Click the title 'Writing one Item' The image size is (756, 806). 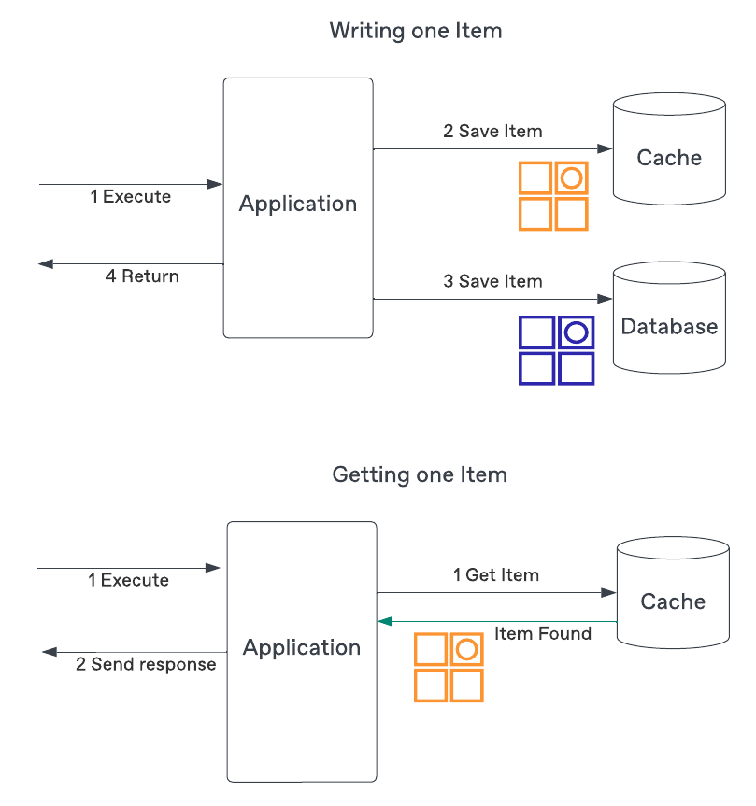tap(416, 31)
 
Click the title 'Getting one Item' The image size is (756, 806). tap(420, 474)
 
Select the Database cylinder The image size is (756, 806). tap(669, 318)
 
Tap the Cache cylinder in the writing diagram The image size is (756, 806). tap(669, 149)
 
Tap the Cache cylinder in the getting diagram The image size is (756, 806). tap(673, 593)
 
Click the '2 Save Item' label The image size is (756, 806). tap(492, 131)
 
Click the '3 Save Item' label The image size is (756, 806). tap(492, 281)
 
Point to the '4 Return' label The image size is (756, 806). tap(142, 276)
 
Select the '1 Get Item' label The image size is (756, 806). tap(496, 574)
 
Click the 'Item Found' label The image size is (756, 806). tap(543, 634)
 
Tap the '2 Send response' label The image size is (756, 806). tap(146, 665)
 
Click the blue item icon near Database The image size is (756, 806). tap(557, 350)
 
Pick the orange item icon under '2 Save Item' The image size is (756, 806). tap(553, 196)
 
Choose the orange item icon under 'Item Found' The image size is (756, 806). tap(449, 668)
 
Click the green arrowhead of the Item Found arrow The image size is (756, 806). tap(383, 621)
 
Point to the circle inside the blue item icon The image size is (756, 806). tap(577, 332)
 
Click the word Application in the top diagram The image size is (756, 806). tap(298, 204)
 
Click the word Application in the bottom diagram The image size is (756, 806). tap(302, 647)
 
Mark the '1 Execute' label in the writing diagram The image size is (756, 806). tap(131, 197)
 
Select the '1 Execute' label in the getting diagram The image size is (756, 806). tap(129, 580)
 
